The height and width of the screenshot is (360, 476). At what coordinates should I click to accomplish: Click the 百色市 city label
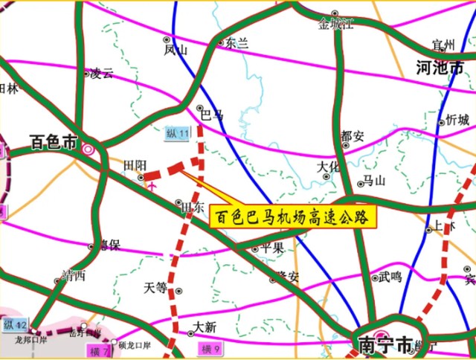pos(54,142)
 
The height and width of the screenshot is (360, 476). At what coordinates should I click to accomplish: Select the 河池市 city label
pos(440,68)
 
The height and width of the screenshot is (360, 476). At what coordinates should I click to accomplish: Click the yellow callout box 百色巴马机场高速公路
pos(293,216)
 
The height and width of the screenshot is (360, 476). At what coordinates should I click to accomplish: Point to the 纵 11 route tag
pos(178,133)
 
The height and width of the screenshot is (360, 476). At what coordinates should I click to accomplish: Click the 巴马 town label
pos(213,114)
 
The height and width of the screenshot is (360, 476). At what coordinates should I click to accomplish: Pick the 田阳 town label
pos(135,165)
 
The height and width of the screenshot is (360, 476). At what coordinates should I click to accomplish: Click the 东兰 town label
pos(236,43)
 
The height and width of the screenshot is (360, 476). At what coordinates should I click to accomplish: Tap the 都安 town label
pos(352,136)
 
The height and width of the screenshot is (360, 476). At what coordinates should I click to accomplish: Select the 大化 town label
pos(328,167)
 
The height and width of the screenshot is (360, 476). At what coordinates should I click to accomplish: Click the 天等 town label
pos(156,287)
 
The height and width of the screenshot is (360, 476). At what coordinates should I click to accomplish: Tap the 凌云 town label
pos(102,73)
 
